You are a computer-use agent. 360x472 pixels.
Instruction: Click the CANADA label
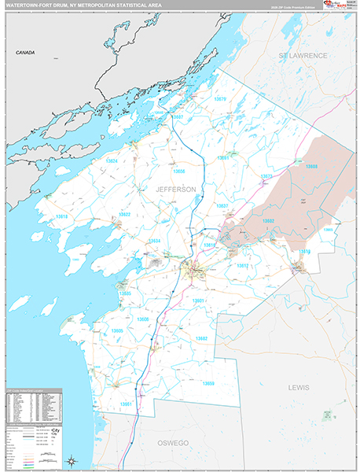[26, 52]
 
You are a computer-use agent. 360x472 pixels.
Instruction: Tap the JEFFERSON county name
[176, 190]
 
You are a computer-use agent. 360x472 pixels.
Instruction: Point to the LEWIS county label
[299, 388]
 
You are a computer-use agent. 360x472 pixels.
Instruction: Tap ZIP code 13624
[111, 161]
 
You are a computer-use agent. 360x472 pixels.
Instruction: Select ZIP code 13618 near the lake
[61, 216]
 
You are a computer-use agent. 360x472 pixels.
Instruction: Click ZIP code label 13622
[123, 215]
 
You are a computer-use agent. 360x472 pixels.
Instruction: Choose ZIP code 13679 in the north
[220, 99]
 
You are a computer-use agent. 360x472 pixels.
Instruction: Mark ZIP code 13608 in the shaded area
[311, 167]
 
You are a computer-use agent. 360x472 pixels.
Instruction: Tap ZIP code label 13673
[266, 176]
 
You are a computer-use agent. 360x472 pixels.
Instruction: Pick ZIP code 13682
[202, 338]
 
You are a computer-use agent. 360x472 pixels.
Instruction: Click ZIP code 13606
[143, 320]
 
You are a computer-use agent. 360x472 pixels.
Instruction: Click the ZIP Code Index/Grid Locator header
[31, 391]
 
